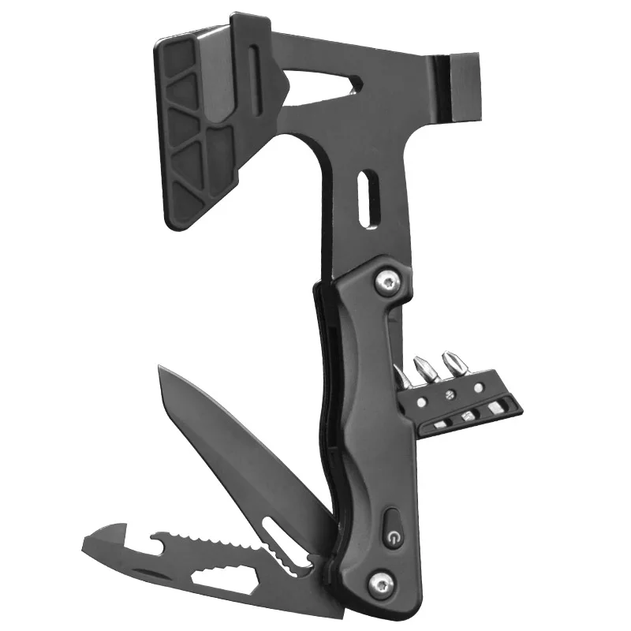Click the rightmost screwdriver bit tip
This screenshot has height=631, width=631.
click(x=452, y=364)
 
